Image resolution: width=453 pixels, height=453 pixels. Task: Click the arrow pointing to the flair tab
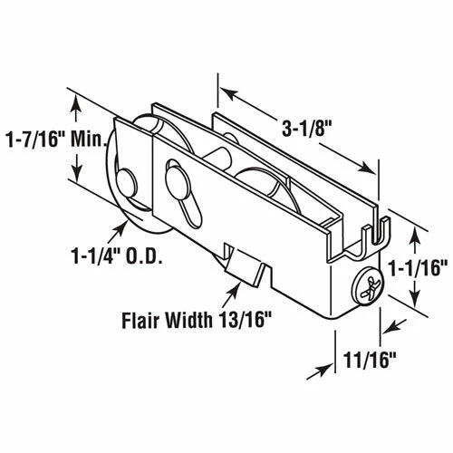(228, 288)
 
